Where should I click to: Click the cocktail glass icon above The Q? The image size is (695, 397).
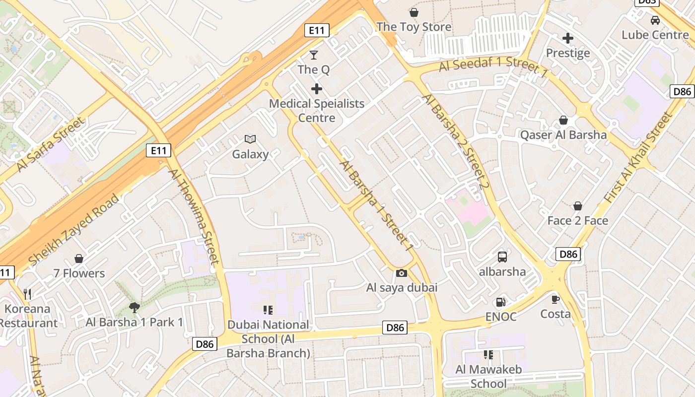314,55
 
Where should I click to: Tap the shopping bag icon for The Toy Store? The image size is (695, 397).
414,12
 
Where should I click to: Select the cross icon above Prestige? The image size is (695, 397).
568,38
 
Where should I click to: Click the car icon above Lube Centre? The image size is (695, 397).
655,20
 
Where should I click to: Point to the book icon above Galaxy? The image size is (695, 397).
250,139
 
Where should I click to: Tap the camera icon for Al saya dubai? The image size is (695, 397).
402,273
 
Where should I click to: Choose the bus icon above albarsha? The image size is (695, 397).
502,257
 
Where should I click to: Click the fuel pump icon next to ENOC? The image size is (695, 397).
500,302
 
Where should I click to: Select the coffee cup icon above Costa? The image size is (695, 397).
556,299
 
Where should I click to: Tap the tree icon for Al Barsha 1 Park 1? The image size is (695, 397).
134,308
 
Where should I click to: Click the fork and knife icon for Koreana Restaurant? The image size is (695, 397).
27,294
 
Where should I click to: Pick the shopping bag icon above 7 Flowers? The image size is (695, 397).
79,259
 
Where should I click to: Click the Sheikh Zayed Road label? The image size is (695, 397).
74,229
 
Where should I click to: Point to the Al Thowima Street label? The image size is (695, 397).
194,217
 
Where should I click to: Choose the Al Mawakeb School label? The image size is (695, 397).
488,376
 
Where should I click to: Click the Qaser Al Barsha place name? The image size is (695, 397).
563,135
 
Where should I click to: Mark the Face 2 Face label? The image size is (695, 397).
577,220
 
